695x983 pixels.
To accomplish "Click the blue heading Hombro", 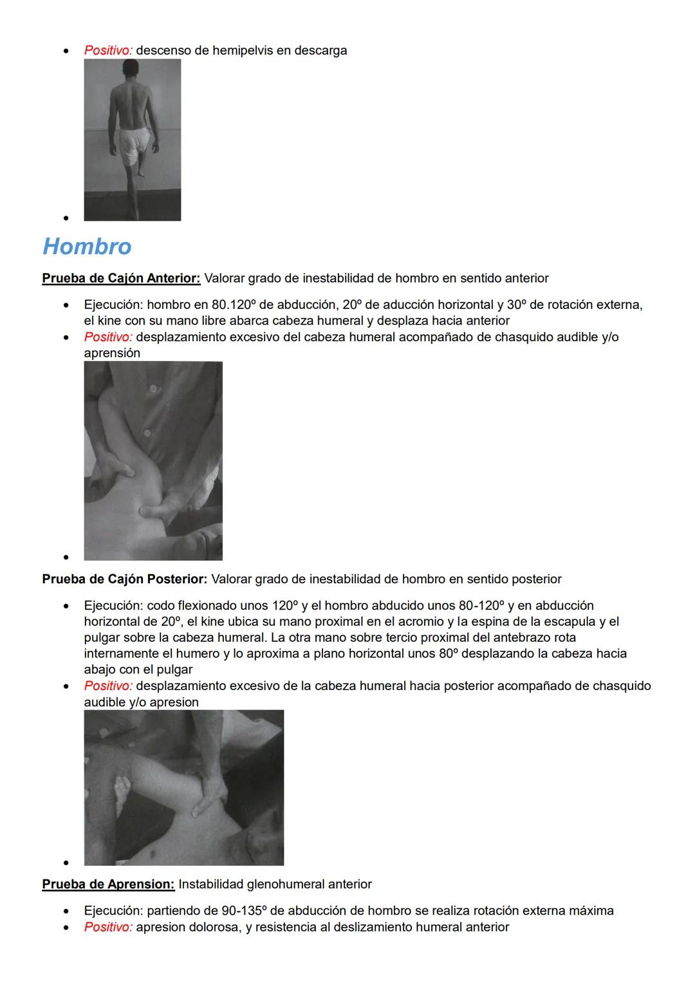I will coord(87,247).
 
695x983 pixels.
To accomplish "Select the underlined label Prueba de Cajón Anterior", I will coord(121,278).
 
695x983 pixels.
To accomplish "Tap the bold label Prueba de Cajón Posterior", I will coord(124,579).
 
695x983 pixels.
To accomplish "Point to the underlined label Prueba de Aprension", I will coord(108,884).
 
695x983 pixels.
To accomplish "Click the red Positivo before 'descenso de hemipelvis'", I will coord(107,50).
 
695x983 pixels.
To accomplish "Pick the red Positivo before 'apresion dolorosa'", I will coord(107,927).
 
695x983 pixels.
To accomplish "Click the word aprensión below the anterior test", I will coord(112,353).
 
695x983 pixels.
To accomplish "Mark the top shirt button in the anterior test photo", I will coord(153,389).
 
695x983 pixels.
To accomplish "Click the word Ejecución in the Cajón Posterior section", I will coord(113,605).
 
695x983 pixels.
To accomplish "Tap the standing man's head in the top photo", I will coord(132,68).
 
